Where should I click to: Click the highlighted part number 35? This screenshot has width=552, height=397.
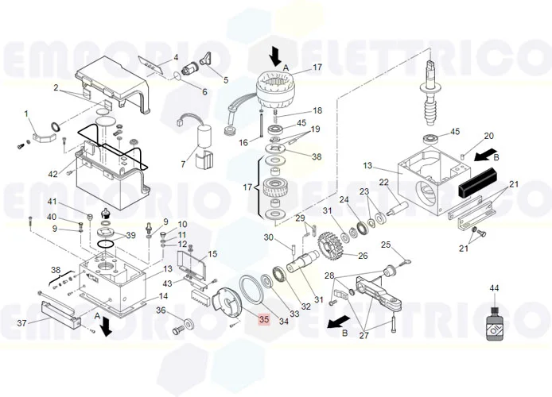(x=264, y=319)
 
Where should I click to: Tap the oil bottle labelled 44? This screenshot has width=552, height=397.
(x=494, y=323)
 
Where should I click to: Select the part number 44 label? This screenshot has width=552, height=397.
(x=494, y=288)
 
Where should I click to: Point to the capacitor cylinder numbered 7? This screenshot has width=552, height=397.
(x=204, y=137)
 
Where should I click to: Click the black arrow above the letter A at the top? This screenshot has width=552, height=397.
(x=275, y=56)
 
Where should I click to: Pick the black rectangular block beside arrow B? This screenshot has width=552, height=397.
(x=477, y=183)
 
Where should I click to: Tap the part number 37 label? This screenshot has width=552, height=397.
(x=21, y=322)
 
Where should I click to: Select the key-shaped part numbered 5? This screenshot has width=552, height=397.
(x=206, y=58)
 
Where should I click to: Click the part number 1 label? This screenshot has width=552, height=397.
(x=25, y=114)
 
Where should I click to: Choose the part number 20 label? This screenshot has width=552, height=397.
(x=489, y=136)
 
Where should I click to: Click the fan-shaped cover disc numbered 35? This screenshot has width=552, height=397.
(x=227, y=305)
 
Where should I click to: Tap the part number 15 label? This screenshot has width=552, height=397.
(x=212, y=253)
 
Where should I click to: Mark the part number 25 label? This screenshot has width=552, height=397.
(x=387, y=245)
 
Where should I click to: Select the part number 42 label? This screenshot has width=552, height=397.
(x=52, y=174)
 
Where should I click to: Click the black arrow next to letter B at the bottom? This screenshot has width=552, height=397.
(x=339, y=322)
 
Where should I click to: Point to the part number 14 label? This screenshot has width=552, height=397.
(x=163, y=296)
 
